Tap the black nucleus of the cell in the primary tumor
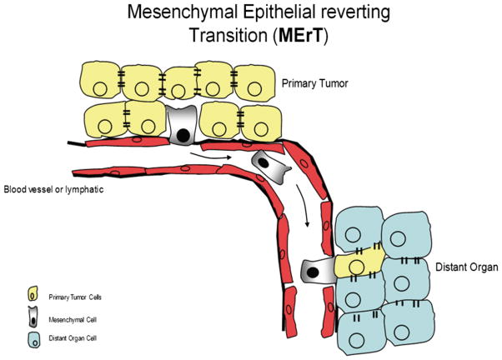point(181,134)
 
